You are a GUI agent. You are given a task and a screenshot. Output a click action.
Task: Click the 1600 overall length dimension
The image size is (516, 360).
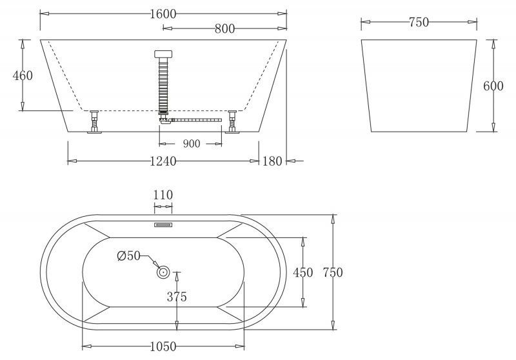163,14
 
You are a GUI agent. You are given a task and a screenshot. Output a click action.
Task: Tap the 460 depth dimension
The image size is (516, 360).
23,75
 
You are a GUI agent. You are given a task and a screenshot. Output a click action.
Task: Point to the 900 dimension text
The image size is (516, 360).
191,144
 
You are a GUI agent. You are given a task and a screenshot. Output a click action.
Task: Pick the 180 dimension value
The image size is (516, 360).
272,161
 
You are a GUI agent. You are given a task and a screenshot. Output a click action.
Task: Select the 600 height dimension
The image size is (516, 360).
493,86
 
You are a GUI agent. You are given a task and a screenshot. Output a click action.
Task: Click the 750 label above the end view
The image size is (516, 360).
418,23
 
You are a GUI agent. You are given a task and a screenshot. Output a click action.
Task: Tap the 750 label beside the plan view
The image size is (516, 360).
332,272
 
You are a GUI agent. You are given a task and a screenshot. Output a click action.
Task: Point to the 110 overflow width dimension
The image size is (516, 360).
163,195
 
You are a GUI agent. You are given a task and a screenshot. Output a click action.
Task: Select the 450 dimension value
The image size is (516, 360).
303,272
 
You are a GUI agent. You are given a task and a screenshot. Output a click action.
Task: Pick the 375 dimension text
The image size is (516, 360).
177,297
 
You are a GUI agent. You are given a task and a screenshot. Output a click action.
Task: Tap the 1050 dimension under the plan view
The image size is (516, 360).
163,347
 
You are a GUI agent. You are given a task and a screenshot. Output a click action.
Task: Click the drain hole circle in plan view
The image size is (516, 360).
163,273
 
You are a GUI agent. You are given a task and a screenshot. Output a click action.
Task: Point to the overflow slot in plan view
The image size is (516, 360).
163,225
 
